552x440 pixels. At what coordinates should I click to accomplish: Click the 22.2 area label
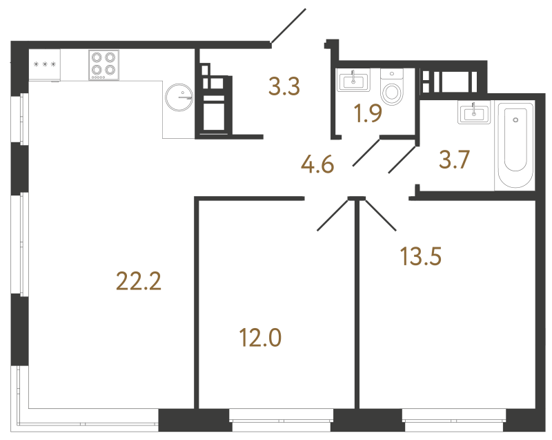pyautogui.click(x=138, y=281)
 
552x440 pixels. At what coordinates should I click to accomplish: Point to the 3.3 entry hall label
pyautogui.click(x=284, y=88)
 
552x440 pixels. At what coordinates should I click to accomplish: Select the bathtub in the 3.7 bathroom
pyautogui.click(x=515, y=145)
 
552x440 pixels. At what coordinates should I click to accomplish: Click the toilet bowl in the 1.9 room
pyautogui.click(x=393, y=88)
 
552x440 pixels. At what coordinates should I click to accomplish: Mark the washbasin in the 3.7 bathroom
pyautogui.click(x=473, y=112)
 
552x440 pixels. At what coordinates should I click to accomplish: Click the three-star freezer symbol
pyautogui.click(x=44, y=64)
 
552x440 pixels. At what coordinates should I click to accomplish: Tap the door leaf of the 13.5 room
pyautogui.click(x=380, y=214)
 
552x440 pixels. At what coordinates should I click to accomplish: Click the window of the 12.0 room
pyautogui.click(x=280, y=417)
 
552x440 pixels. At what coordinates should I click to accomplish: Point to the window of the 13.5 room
pyautogui.click(x=453, y=417)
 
